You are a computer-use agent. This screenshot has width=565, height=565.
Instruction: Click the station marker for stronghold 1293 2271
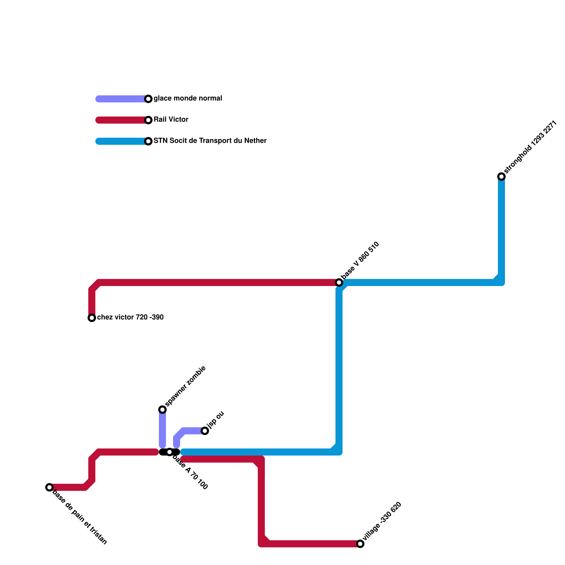coord(501,177)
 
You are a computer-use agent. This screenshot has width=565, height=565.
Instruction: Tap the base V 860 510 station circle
coord(339,282)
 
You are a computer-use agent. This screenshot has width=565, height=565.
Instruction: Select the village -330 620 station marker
coord(360,544)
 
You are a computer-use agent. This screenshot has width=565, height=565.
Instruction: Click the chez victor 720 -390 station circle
coord(92,318)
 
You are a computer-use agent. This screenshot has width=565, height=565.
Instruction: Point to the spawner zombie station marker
coord(162,410)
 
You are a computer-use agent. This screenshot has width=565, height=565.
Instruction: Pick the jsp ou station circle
coord(205,431)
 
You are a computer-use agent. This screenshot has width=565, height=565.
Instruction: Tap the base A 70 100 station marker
coord(169,452)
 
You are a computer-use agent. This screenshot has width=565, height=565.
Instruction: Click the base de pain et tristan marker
coord(49,487)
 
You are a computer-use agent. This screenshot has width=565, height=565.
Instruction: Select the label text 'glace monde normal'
coord(188,99)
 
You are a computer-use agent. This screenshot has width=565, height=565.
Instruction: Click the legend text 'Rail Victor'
coord(171,120)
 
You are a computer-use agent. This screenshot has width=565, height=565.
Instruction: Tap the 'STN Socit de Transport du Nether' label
coord(210,141)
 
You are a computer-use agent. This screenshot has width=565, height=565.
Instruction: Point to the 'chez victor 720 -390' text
coord(130,317)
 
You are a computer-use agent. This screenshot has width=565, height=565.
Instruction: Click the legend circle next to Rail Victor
coord(149,120)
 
